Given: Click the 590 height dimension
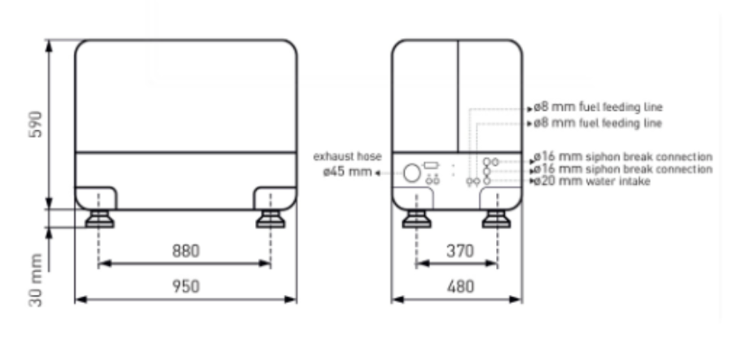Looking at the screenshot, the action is click(x=36, y=125).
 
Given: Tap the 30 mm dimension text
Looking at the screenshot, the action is click(x=36, y=280).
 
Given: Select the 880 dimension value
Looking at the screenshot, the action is click(x=186, y=251).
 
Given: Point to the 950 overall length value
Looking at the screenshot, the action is click(x=186, y=286).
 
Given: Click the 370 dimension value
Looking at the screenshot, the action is click(x=459, y=251).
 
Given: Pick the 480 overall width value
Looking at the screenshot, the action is click(x=460, y=287).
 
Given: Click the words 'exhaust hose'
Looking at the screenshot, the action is click(x=347, y=156).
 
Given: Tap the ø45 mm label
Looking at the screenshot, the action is click(x=347, y=171).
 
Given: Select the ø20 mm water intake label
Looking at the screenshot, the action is click(x=592, y=181).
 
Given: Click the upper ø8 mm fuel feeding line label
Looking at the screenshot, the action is click(x=598, y=107).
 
